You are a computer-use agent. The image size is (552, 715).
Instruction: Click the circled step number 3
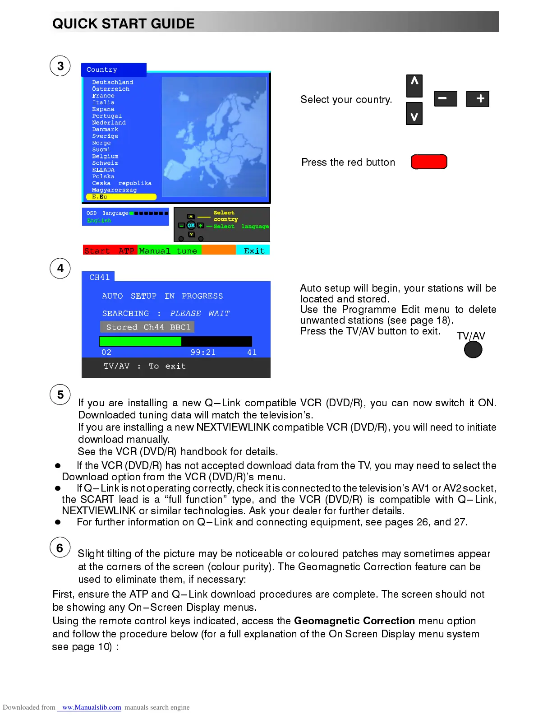pyautogui.click(x=60, y=66)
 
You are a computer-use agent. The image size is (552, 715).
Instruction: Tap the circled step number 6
pyautogui.click(x=60, y=548)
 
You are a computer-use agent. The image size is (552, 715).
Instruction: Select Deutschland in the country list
pyautogui.click(x=112, y=82)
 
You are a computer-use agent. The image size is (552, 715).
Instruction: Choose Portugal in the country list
pyautogui.click(x=107, y=116)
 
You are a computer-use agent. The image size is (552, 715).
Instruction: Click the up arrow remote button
pyautogui.click(x=414, y=86)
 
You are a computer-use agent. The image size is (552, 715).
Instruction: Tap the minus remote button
pyautogui.click(x=446, y=98)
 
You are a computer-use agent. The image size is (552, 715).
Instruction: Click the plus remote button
pyautogui.click(x=478, y=98)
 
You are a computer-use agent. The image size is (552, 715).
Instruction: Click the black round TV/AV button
pyautogui.click(x=473, y=349)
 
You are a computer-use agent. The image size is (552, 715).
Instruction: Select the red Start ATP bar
pyautogui.click(x=110, y=251)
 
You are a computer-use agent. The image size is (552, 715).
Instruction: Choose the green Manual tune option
pyautogui.click(x=169, y=251)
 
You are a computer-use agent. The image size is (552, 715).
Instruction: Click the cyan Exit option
pyautogui.click(x=253, y=251)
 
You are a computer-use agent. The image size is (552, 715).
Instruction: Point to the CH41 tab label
pyautogui.click(x=99, y=277)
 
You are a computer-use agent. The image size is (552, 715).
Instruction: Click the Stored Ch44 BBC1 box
pyautogui.click(x=147, y=327)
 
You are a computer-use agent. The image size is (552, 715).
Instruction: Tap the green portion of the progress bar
pyautogui.click(x=140, y=341)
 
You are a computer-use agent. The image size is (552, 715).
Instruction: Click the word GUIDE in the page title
pyautogui.click(x=173, y=23)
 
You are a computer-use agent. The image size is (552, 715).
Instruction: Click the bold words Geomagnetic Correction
pyautogui.click(x=354, y=621)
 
